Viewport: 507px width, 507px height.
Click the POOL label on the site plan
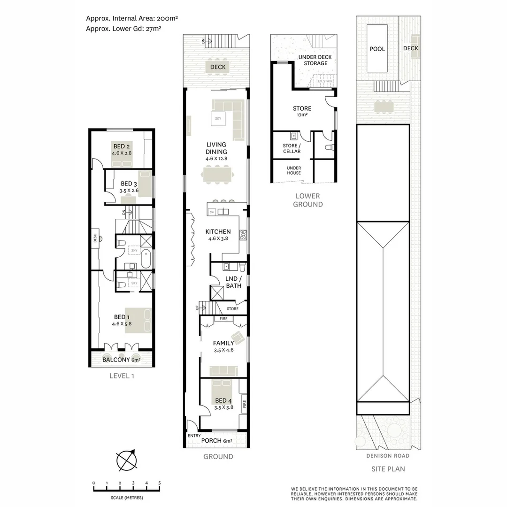tap(377, 49)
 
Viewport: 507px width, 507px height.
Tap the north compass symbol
tap(127, 460)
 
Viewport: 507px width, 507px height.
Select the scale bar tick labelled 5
tap(160, 483)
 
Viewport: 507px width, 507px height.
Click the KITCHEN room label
tap(218, 231)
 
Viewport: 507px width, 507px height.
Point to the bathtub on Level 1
tap(146, 260)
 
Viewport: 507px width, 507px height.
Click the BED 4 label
tap(223, 400)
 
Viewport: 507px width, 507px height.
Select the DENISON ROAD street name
tap(388, 456)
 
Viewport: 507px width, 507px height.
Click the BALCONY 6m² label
tap(122, 360)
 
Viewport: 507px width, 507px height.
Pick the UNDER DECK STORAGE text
tap(315, 60)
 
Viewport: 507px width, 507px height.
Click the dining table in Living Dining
tap(217, 176)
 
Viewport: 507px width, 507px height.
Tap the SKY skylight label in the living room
tap(218, 119)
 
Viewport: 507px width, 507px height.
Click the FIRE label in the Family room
tap(223, 319)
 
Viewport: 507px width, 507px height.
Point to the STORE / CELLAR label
tap(292, 148)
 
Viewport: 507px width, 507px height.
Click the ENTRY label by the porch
tap(194, 436)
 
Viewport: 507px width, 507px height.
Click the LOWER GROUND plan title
tap(307, 200)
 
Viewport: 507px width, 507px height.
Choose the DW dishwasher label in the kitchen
tap(212, 212)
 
